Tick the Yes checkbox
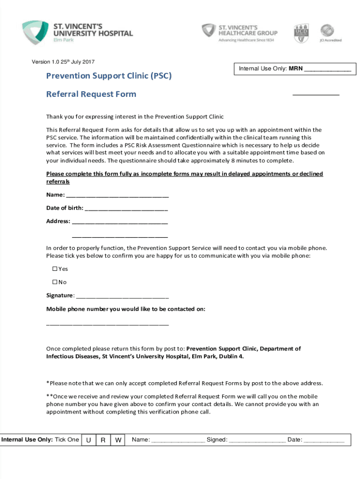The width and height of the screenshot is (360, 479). [54, 269]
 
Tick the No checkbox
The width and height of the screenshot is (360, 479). [54, 282]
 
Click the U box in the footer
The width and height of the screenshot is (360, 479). [88, 440]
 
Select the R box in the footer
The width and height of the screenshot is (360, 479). [103, 440]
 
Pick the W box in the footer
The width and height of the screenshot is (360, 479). [118, 440]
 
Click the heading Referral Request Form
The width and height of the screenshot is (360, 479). [91, 94]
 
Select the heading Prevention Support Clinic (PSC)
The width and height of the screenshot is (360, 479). [108, 75]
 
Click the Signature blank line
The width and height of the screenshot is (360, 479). [122, 296]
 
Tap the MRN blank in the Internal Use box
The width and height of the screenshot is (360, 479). [327, 70]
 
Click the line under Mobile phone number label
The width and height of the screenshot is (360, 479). [108, 323]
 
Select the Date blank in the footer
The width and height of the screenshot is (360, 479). [324, 440]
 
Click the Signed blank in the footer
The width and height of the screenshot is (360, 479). [257, 440]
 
